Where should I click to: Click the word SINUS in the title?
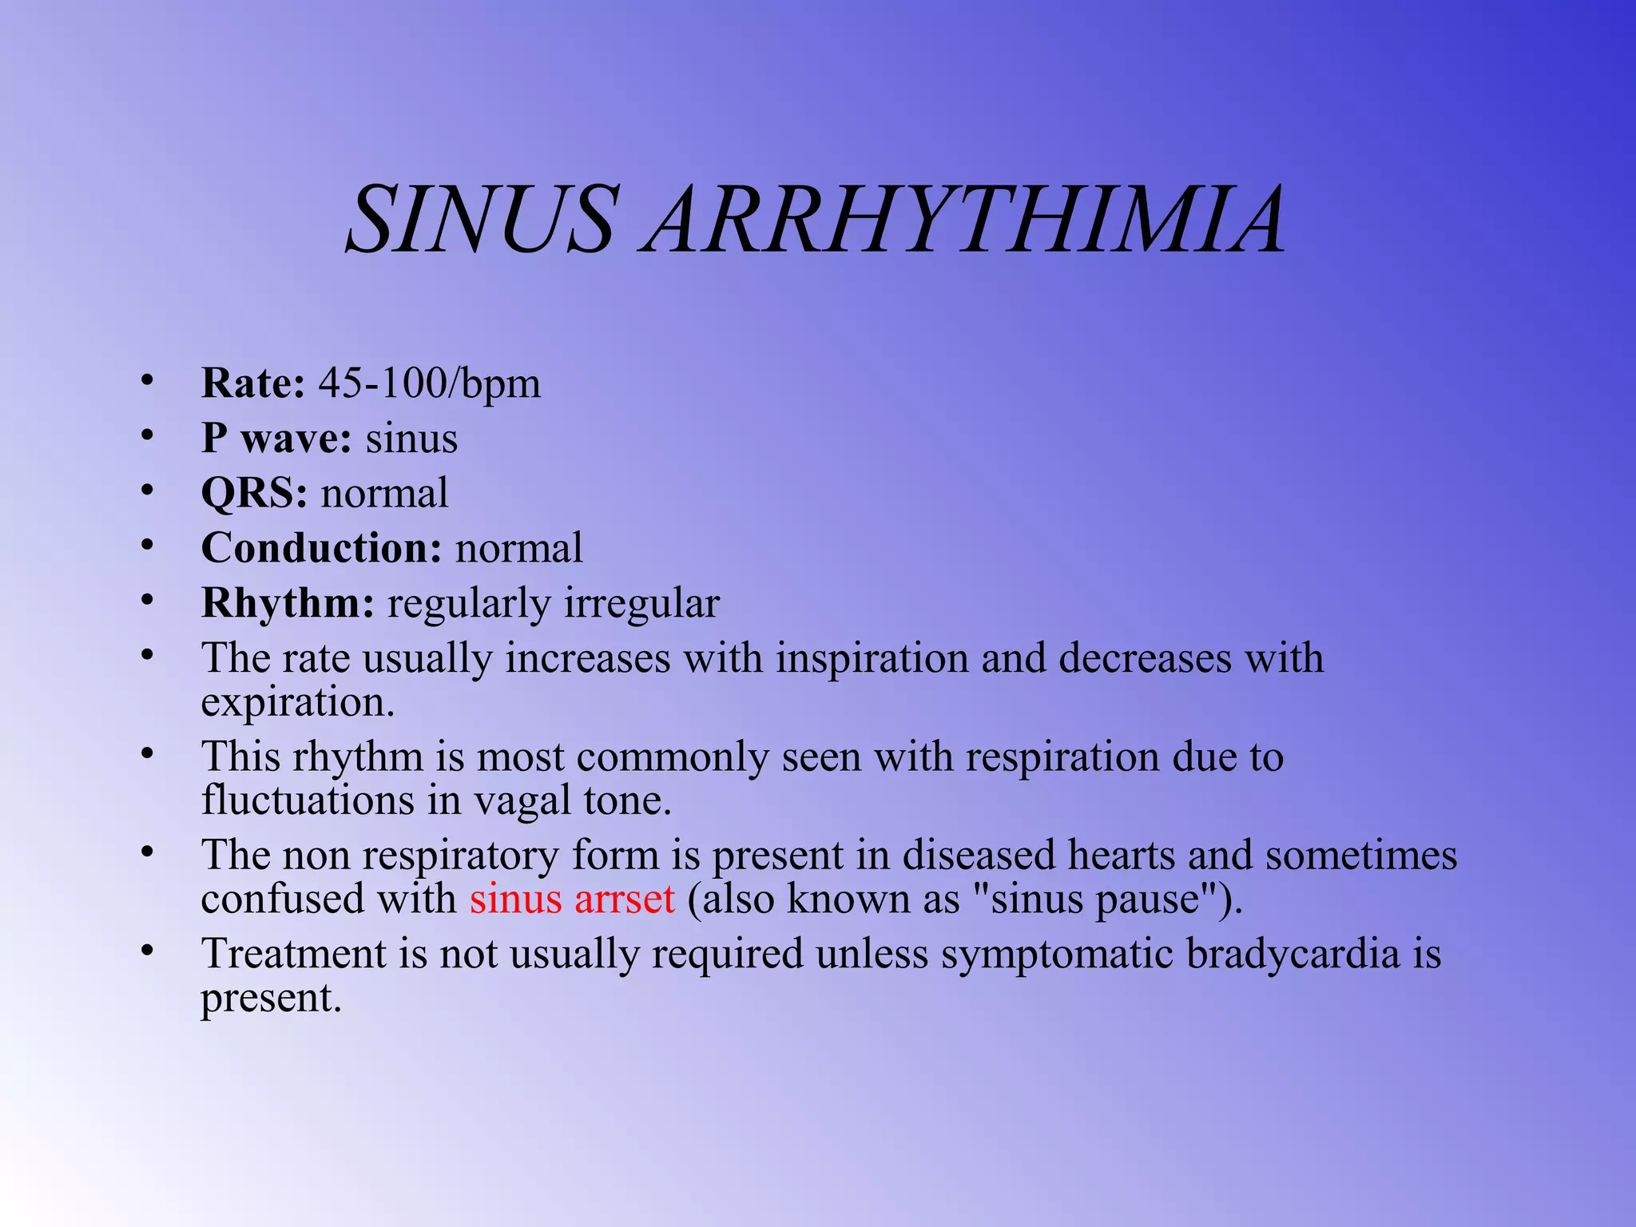(482, 219)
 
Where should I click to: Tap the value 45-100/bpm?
(430, 383)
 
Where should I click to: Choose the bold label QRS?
(253, 493)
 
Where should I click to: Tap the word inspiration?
(872, 659)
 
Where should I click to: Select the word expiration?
(297, 703)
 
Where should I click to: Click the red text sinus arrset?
(572, 899)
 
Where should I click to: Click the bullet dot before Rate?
(146, 381)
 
